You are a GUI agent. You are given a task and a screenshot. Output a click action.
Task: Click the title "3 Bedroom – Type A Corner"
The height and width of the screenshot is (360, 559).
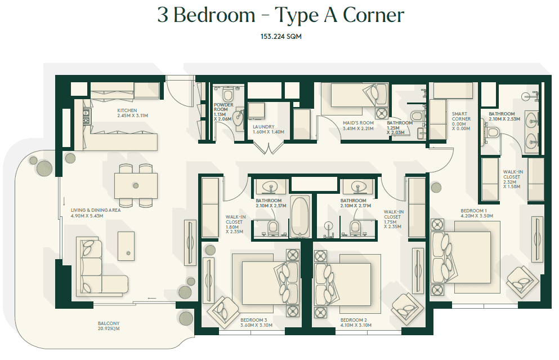pos(280,16)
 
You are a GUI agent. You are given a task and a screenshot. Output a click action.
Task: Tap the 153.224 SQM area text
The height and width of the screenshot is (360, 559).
pos(281,37)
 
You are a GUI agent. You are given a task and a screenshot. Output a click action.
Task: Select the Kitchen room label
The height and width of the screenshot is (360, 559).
pos(132,113)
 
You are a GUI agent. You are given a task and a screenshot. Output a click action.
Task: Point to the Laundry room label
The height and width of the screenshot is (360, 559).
pos(269,129)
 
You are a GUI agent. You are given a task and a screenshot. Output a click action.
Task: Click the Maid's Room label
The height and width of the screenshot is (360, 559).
pos(358,126)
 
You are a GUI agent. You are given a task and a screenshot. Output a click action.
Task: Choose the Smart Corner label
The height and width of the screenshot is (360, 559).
pos(461,121)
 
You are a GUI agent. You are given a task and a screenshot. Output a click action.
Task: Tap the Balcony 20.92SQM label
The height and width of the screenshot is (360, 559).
pos(109,326)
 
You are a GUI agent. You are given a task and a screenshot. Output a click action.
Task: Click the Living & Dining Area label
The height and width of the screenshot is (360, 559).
pos(96,213)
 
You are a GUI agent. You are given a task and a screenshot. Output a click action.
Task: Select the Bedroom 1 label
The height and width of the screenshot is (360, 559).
pos(477,214)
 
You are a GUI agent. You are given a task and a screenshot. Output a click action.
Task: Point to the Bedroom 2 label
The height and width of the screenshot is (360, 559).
pos(356,323)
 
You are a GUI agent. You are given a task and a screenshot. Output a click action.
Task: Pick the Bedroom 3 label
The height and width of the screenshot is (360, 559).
pos(256,323)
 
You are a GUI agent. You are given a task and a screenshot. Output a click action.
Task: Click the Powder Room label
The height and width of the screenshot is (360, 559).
pos(223,112)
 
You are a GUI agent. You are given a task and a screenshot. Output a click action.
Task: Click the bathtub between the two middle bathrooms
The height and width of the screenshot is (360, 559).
pos(300,216)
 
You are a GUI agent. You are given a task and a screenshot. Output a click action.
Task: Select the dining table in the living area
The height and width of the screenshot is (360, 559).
pos(136,185)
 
